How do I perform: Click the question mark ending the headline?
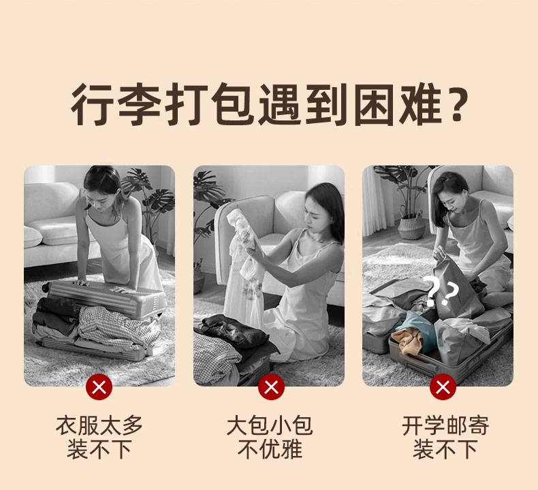click(457, 103)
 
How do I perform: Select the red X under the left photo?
click(99, 387)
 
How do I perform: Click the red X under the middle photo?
click(272, 387)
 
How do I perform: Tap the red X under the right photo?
click(443, 387)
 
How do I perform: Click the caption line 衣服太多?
click(99, 425)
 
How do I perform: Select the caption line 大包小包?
click(270, 425)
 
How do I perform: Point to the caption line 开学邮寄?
click(445, 425)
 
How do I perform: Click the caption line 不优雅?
click(270, 450)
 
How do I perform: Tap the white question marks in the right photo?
click(441, 291)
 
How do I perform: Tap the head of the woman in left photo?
click(100, 186)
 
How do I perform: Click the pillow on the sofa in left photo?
click(33, 237)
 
